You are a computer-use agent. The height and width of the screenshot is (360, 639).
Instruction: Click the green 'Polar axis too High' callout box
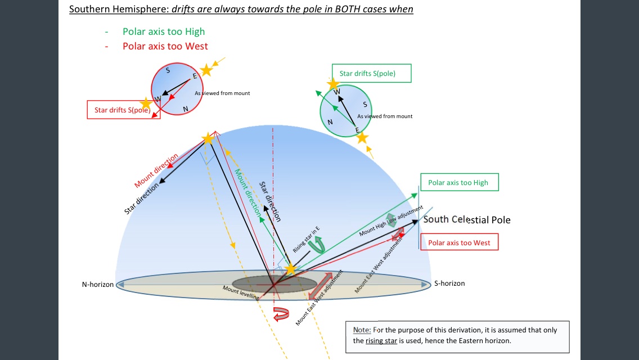(458, 182)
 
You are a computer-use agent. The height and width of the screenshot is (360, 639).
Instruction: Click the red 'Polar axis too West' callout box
(459, 242)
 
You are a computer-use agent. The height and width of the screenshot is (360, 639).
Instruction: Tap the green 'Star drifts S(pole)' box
(371, 73)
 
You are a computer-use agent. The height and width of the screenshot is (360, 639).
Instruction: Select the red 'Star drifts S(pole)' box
(122, 110)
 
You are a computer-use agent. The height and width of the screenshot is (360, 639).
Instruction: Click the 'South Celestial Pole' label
(467, 219)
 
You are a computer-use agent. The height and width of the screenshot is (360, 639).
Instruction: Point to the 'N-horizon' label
(98, 284)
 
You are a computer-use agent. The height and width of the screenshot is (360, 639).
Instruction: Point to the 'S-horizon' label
(449, 283)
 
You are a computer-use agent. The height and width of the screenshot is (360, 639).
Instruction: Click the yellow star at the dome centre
(290, 269)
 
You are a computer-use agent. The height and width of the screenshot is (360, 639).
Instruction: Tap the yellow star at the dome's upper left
(208, 138)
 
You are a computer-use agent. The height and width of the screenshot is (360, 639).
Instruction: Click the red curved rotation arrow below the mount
(280, 313)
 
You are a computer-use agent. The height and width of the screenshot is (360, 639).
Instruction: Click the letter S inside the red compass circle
(168, 70)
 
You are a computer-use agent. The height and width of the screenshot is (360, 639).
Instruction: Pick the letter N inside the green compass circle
(330, 121)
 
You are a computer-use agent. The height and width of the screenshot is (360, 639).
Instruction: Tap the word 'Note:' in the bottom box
(361, 330)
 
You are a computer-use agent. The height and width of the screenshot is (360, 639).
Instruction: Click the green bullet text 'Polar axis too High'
(164, 31)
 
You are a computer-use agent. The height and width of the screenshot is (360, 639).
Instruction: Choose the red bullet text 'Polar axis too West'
(165, 46)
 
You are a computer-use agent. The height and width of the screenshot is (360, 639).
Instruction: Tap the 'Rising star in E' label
(306, 240)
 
